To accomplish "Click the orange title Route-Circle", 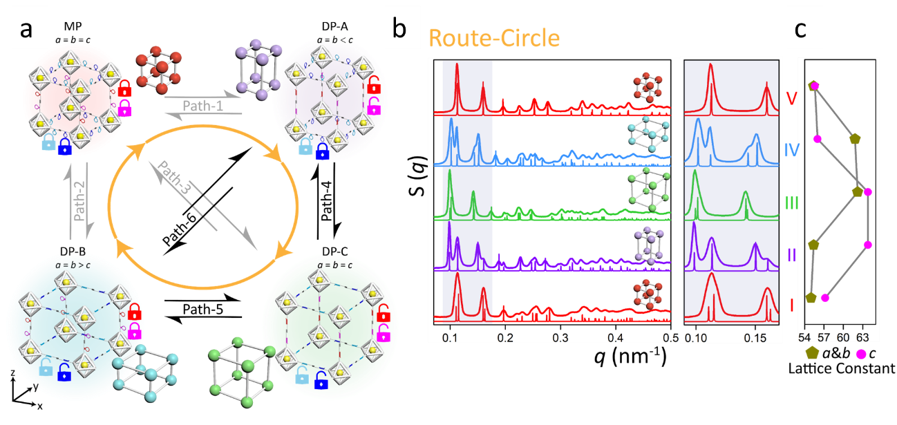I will (494, 37).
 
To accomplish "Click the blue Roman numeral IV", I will (792, 149).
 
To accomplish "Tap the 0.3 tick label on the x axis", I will (561, 337).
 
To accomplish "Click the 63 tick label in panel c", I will (862, 337).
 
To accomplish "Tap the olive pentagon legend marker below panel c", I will (813, 354).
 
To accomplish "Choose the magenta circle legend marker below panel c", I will (861, 354).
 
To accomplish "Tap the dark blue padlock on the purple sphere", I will (322, 150).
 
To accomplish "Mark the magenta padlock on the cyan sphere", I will (135, 330).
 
